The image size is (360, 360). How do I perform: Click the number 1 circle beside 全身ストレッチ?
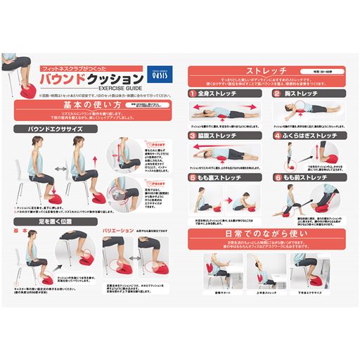pyautogui.click(x=191, y=93)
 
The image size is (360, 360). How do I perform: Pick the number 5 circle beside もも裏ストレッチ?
pyautogui.click(x=191, y=178)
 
